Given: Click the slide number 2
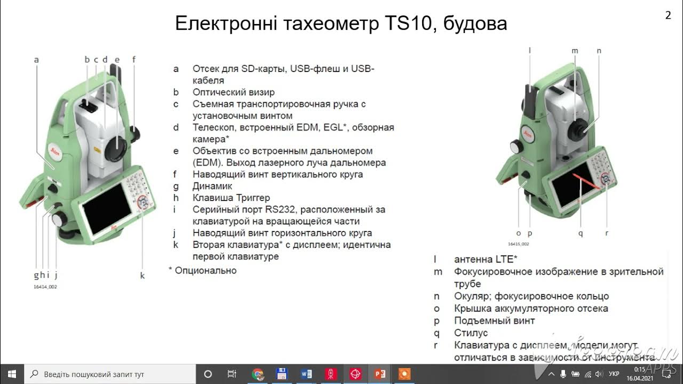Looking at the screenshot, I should click(x=668, y=15).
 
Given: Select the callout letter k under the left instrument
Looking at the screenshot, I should click(x=142, y=275).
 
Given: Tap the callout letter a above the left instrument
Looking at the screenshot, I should click(x=36, y=60).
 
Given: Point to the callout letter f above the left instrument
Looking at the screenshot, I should click(x=134, y=60).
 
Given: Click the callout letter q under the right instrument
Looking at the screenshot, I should click(x=581, y=233).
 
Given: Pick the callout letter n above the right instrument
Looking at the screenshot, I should click(x=599, y=51).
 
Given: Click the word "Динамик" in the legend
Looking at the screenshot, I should click(x=212, y=186).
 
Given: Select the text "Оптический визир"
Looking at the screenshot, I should click(x=234, y=92).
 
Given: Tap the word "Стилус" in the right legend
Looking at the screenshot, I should click(x=471, y=333).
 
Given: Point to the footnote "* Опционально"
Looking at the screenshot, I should click(x=202, y=270).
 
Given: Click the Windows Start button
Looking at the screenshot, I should click(x=12, y=374).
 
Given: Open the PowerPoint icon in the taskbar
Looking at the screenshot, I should click(x=380, y=374).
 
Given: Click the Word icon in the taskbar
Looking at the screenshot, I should click(x=306, y=374).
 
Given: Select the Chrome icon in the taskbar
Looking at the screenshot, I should click(x=258, y=374).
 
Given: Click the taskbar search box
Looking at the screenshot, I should click(x=110, y=374).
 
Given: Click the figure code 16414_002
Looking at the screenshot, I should click(x=45, y=287).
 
